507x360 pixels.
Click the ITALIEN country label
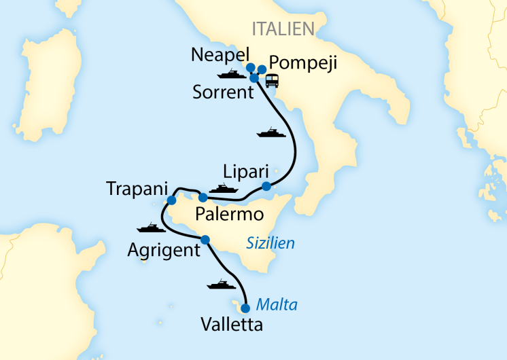(x=283, y=29)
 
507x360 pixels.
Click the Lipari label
(x=246, y=170)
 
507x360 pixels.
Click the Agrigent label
(x=164, y=251)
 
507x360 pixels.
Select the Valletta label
(x=232, y=325)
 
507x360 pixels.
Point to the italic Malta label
(x=277, y=304)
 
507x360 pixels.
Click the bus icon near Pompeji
(x=272, y=81)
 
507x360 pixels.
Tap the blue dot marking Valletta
(x=245, y=308)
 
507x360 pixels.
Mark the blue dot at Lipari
(x=266, y=186)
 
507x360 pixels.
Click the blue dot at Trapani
(x=171, y=200)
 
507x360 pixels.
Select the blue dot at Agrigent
(x=205, y=239)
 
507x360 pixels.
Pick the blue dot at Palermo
(x=203, y=198)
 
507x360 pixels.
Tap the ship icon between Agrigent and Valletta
(x=222, y=284)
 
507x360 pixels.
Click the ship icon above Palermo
(x=223, y=187)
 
